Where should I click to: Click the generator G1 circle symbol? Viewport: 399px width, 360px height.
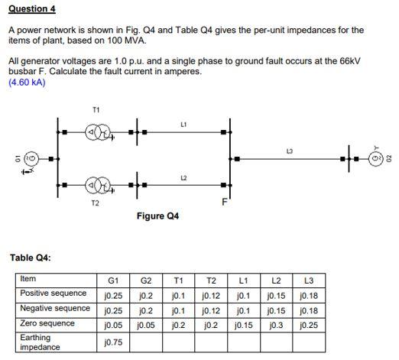tap(32, 159)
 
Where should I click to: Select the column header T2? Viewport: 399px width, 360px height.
tap(212, 280)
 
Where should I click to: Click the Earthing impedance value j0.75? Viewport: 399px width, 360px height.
tap(114, 342)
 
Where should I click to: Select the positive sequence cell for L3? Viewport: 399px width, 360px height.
tap(310, 294)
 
